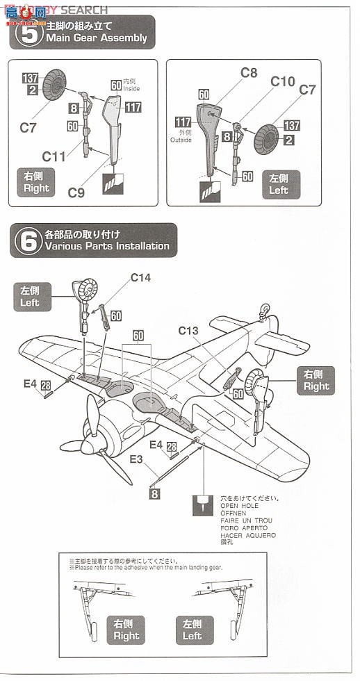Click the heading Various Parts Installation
pos(106,246)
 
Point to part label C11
pos(54,157)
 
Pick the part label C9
pos(76,193)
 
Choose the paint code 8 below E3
pos(155,494)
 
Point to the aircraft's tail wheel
pos(265,306)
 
